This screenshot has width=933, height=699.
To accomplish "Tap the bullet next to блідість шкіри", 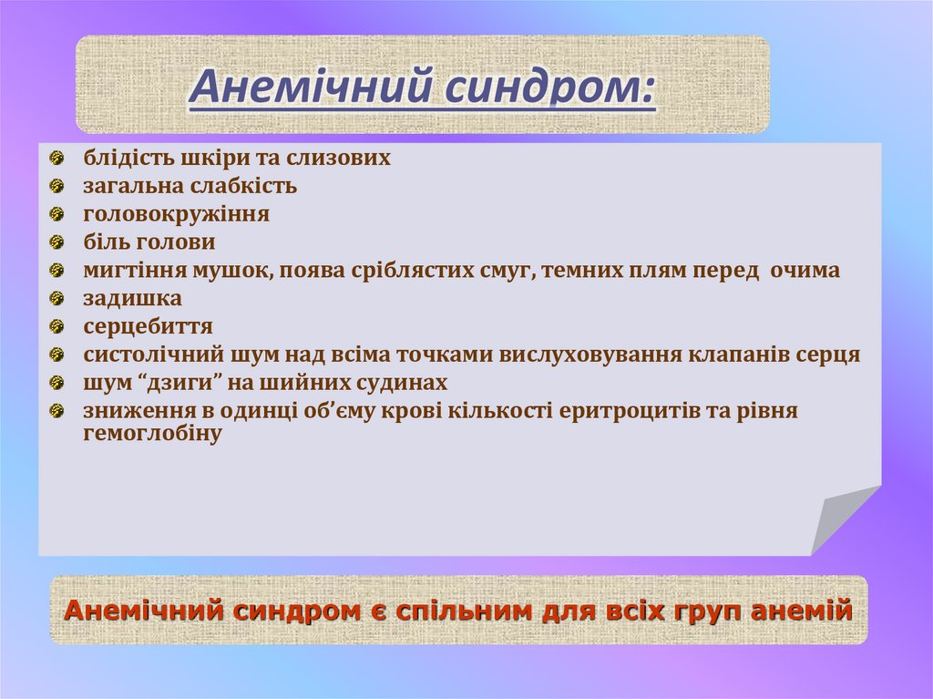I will (57, 158).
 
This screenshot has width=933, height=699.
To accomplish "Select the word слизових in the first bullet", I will (339, 158).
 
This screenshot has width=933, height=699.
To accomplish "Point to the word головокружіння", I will (176, 214).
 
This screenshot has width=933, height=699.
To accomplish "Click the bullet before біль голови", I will (57, 242).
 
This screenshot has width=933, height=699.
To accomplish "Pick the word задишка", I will (132, 298).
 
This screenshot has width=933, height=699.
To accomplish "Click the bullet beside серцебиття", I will (57, 326).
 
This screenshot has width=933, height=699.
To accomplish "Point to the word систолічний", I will (145, 355).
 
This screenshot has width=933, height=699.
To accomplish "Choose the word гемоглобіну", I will (152, 434).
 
